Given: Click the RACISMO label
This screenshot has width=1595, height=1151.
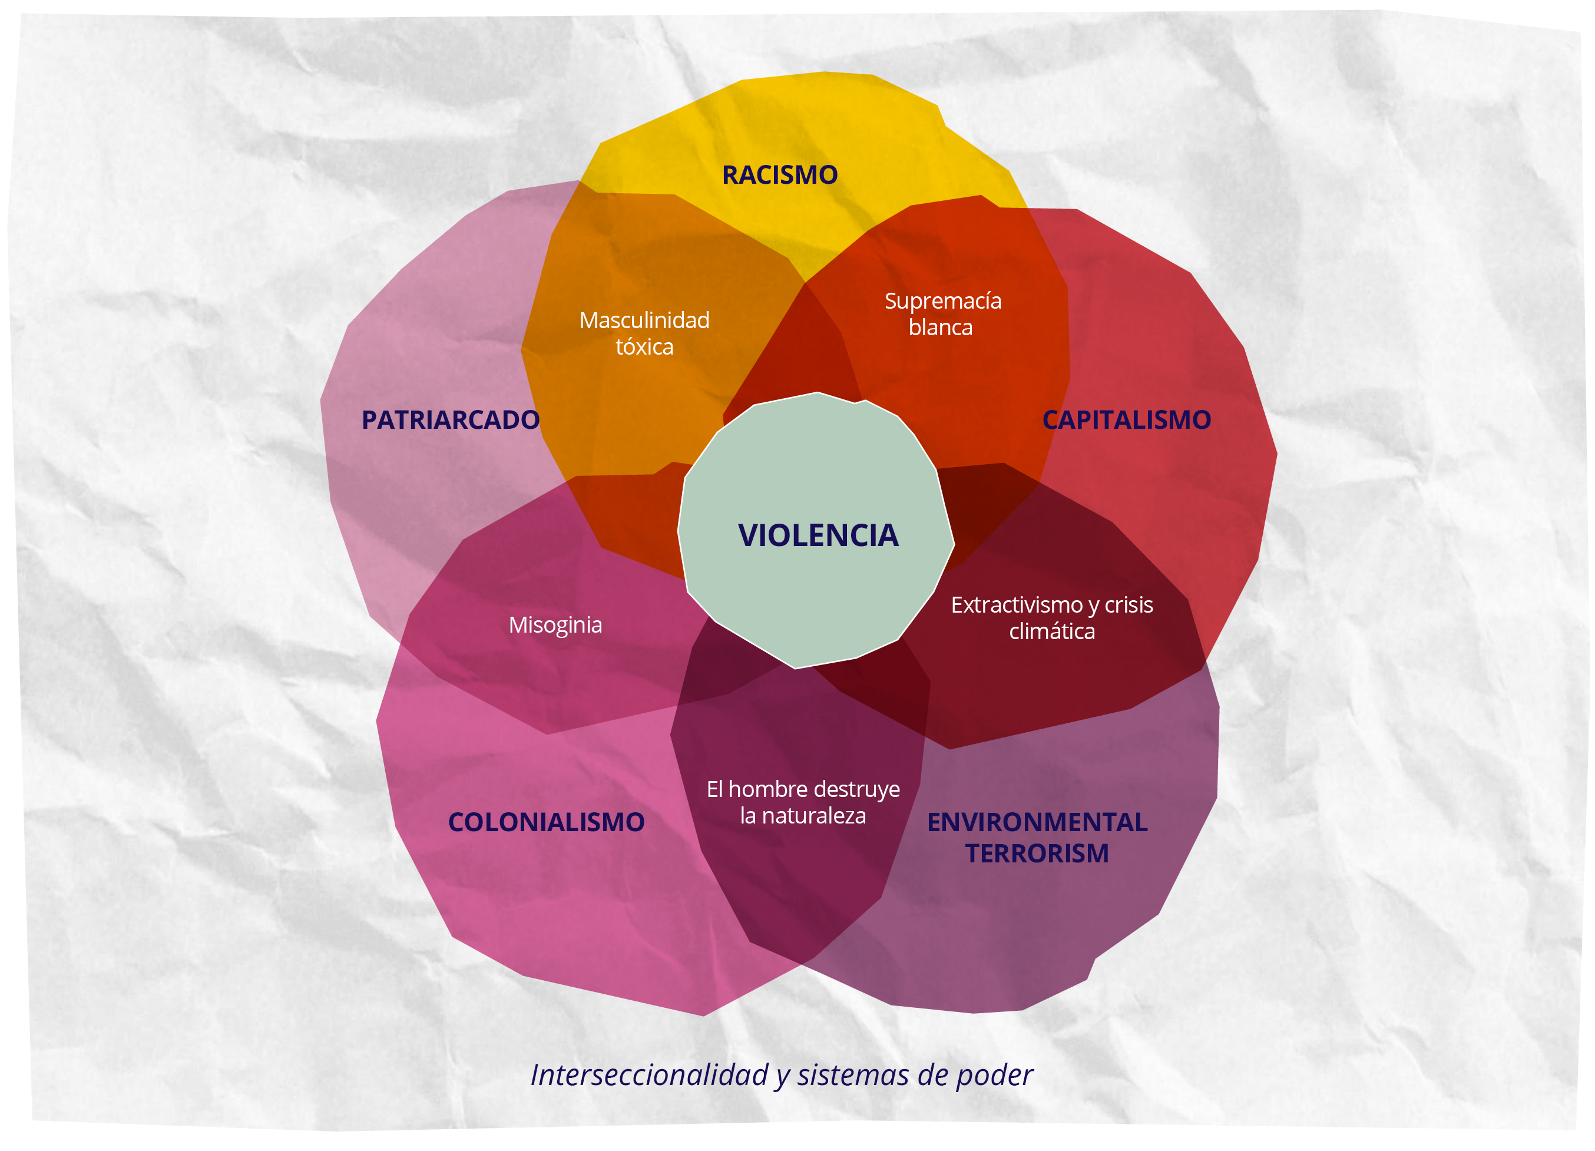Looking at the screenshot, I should pos(780,175).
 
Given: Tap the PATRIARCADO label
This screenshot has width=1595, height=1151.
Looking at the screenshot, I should pos(450,420).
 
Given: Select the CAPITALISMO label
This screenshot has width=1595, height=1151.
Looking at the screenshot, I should pos(1126,420).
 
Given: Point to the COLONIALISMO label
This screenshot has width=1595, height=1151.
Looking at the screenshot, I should pos(546,822).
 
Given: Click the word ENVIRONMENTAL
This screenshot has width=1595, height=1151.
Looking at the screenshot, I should pos(1037,822).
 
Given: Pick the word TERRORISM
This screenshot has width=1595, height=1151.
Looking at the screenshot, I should pos(1037,854).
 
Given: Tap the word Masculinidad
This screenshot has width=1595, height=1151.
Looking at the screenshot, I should pos(644,320).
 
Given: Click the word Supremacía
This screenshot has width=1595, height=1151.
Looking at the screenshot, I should pos(942,301).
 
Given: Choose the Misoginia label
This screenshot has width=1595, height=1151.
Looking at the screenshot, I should pos(555,625).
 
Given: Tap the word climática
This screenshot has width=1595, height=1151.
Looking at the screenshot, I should pos(1051,631).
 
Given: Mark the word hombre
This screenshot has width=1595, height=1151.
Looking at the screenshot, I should pos(767,789).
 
